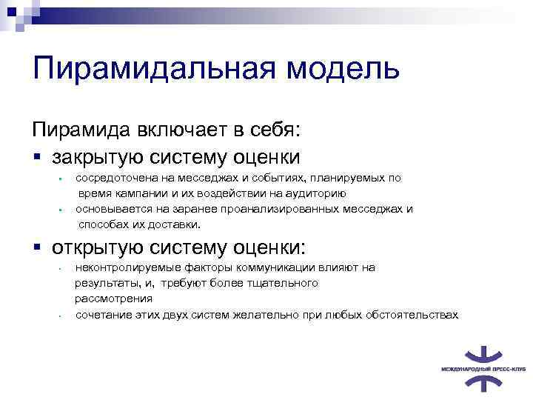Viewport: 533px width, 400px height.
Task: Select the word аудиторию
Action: [315, 193]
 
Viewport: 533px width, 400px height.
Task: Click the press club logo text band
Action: [479, 367]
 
